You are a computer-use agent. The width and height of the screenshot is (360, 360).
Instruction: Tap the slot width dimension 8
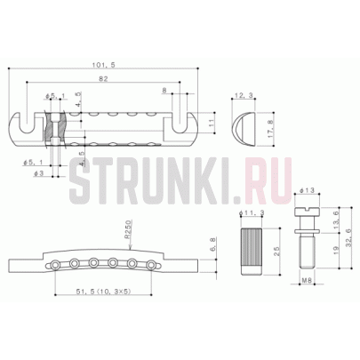(x=165, y=90)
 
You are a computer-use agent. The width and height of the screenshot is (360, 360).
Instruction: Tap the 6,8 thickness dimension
(x=210, y=244)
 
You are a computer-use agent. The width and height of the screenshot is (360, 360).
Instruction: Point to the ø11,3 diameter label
(x=252, y=213)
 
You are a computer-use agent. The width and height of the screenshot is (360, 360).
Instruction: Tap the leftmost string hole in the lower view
(x=58, y=263)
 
